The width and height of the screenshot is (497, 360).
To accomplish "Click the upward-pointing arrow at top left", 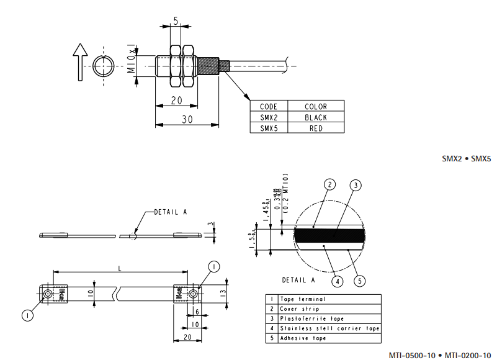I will tap(79, 62).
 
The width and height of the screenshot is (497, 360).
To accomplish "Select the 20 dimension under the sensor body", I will tap(177, 101).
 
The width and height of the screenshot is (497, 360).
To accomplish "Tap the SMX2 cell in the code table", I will tap(269, 117).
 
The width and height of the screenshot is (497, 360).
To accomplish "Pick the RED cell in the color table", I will tap(316, 128).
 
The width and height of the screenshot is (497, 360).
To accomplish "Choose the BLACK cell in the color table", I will tap(316, 117).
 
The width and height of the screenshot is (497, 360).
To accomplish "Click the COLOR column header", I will tap(316, 107).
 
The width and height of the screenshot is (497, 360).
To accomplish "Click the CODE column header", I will tap(269, 107).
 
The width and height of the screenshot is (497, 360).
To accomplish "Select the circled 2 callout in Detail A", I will tap(329, 184).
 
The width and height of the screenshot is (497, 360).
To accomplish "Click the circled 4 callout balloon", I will tap(337, 281).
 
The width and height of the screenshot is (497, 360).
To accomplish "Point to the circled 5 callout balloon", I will tap(360, 281).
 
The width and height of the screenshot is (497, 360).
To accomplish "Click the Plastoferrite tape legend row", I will tap(323, 318).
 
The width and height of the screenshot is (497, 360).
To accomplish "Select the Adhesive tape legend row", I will tap(323, 338).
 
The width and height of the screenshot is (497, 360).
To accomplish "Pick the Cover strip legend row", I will tap(323, 308).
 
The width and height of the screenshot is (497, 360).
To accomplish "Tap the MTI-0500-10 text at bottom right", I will tap(411, 355).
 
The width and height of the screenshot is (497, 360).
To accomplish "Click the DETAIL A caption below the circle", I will tap(298, 279).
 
